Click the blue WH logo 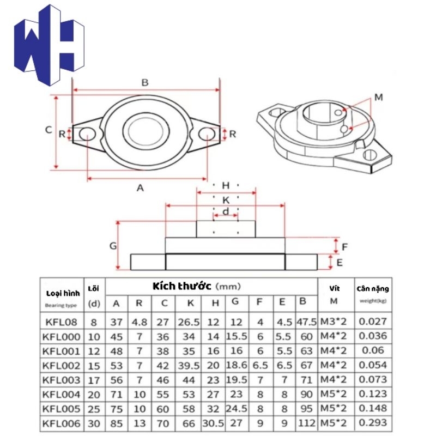tap(49, 45)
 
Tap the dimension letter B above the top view tap(145, 83)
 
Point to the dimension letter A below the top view tap(140, 188)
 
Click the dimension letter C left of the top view tap(49, 130)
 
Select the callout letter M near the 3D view tap(379, 98)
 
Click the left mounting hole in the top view tap(87, 134)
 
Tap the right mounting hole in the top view tap(207, 134)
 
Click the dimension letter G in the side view tap(113, 246)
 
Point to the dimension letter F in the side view tap(344, 247)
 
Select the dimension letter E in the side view tap(340, 263)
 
